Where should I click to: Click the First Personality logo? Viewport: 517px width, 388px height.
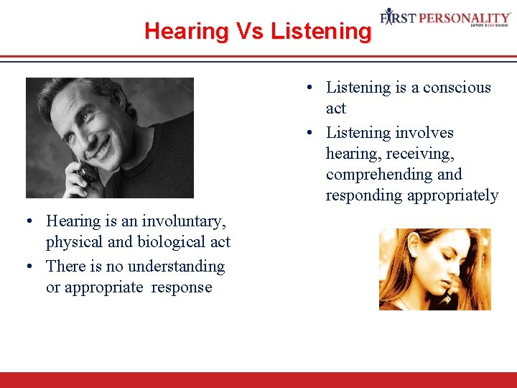click(x=445, y=18)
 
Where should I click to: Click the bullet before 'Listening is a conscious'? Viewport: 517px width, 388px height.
click(x=307, y=88)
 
